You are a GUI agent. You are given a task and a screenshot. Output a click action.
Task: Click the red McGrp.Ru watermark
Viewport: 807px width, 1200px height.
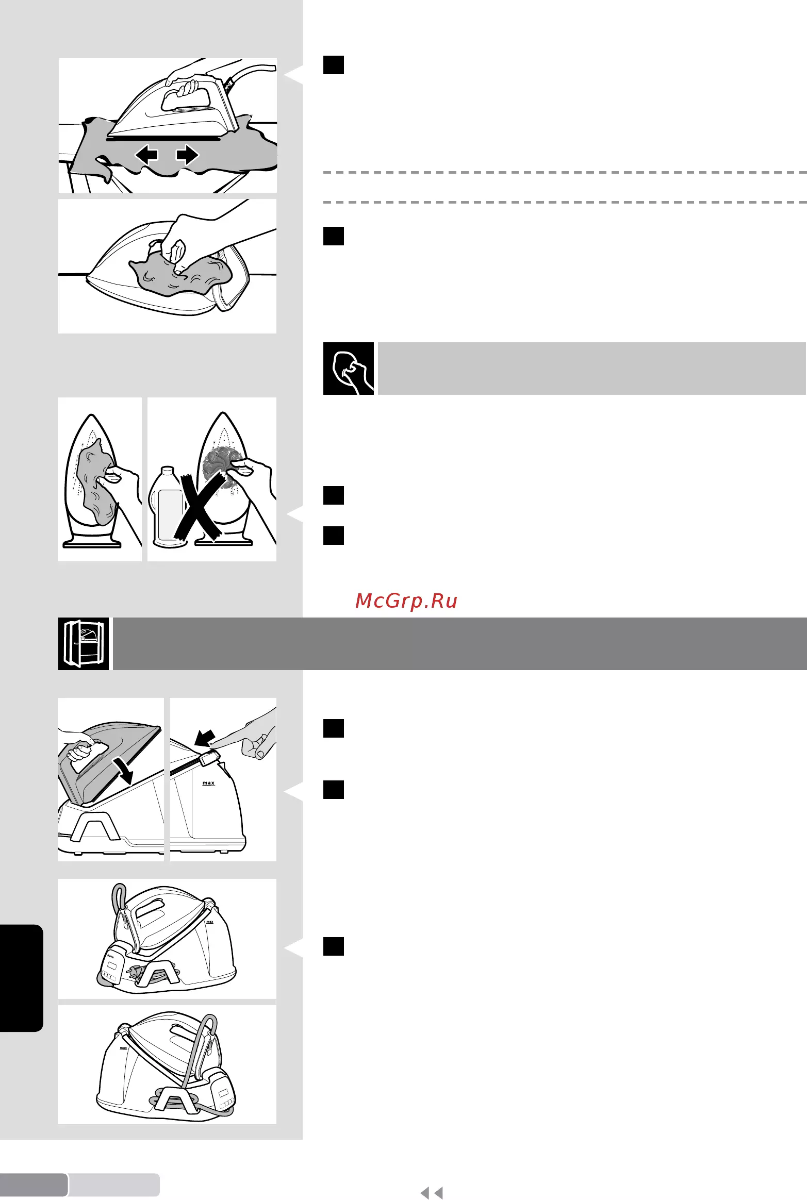[406, 601]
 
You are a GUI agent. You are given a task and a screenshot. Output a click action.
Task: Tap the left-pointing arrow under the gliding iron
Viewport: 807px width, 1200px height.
[146, 155]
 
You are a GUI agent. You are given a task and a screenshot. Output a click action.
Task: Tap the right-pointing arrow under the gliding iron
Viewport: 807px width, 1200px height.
[187, 155]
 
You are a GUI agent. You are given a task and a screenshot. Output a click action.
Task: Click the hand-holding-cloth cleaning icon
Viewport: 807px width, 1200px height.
[349, 369]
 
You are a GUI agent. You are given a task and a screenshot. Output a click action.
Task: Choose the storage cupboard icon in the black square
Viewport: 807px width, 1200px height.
[84, 644]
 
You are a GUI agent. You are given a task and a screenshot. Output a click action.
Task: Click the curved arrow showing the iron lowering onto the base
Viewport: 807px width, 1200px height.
[124, 770]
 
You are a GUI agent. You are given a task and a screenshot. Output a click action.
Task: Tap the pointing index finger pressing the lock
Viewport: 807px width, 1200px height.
[248, 735]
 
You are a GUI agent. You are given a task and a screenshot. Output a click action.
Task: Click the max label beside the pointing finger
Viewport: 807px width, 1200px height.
[208, 783]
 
